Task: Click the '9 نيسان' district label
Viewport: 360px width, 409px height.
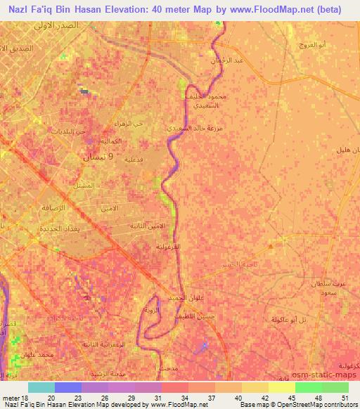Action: [x=94, y=157]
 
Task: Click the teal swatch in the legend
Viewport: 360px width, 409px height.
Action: [x=41, y=387]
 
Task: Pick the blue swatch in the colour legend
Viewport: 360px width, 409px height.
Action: [x=68, y=387]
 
